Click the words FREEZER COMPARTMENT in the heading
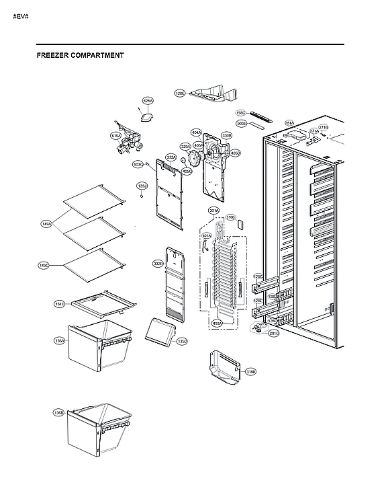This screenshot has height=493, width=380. point(80,56)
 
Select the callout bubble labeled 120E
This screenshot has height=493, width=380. point(180,93)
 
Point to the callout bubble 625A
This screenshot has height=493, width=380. point(148,101)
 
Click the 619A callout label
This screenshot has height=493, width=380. point(115,136)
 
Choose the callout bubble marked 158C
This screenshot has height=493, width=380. point(241,113)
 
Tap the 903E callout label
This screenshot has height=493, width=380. point(241,124)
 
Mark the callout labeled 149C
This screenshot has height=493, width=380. point(44,266)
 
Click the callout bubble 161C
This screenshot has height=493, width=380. point(59,304)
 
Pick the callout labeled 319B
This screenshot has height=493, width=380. point(250,371)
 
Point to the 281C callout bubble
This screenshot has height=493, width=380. point(274,333)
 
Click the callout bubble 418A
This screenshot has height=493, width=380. point(217,324)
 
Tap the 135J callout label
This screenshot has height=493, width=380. point(142,186)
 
